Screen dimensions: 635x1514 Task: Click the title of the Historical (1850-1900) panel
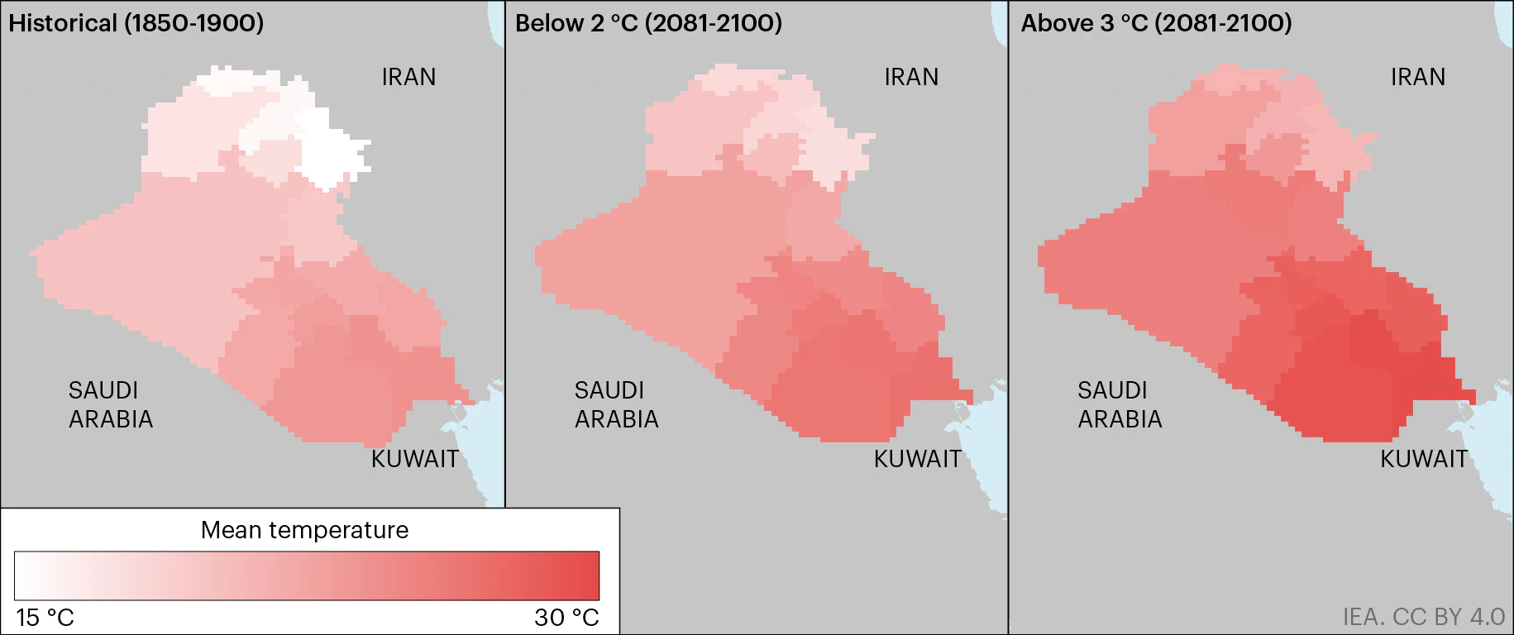[136, 23]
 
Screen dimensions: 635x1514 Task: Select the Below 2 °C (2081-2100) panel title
[648, 23]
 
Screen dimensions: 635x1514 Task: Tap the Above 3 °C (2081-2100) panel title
[1156, 23]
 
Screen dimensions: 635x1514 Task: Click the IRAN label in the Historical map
[408, 77]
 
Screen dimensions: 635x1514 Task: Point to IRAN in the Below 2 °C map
[911, 77]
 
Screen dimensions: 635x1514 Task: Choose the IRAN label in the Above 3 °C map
[1418, 77]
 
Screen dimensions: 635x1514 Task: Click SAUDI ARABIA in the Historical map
[110, 404]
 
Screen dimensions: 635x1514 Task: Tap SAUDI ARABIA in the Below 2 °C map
[616, 404]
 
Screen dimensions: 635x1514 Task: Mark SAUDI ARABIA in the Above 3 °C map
[1120, 404]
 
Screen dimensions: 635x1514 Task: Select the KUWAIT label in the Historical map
[414, 459]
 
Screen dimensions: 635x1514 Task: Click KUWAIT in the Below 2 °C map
[917, 459]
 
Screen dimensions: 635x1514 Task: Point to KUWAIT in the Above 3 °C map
[1424, 459]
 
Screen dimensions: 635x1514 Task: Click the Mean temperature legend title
[304, 530]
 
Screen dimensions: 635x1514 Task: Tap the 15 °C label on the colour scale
[45, 618]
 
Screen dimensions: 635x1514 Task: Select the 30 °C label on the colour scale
[566, 618]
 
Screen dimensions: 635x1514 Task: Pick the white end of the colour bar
[23, 575]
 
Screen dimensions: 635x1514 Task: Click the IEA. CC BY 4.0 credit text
[1423, 617]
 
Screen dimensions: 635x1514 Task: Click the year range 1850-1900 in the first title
[194, 23]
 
